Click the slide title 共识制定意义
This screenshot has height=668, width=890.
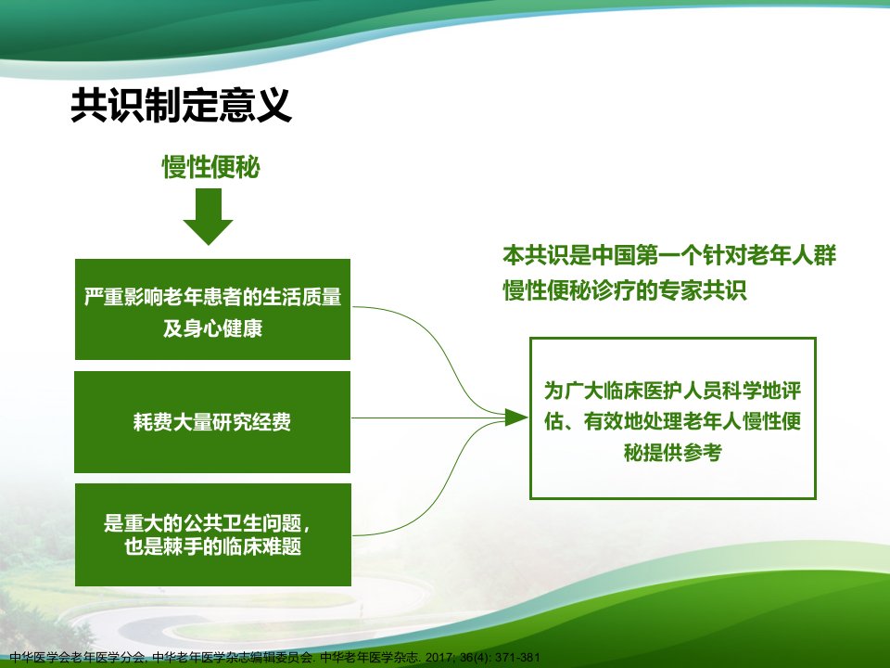tap(181, 105)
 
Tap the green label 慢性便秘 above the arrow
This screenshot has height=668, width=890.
tap(211, 167)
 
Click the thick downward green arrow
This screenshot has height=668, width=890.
tap(208, 216)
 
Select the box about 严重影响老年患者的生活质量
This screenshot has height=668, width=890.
tap(212, 310)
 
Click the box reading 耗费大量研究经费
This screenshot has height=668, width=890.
tap(212, 422)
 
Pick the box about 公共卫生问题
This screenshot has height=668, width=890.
tap(213, 534)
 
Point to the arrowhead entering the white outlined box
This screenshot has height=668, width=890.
tap(516, 417)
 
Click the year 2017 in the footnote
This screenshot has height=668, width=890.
tap(439, 658)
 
